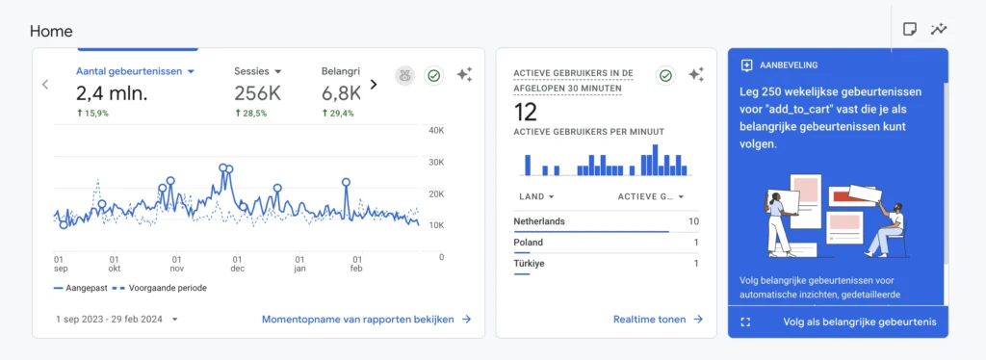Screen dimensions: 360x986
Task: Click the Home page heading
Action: [51, 31]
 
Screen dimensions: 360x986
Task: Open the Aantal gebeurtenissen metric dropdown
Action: [135, 71]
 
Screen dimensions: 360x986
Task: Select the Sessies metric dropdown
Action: [258, 71]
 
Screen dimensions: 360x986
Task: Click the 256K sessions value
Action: [258, 92]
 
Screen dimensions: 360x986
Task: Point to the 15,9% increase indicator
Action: [92, 114]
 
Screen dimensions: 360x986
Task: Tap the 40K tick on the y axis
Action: [435, 131]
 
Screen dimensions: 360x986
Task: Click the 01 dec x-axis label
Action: [237, 264]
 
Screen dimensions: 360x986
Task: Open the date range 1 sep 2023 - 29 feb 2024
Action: [117, 319]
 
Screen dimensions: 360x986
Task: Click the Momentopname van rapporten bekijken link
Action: [366, 319]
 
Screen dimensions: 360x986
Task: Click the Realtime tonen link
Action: [658, 319]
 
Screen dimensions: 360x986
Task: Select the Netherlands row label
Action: [539, 221]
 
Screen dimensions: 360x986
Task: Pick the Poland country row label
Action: [529, 243]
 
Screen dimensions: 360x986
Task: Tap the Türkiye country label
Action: [530, 264]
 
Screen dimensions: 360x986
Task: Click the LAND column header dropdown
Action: [535, 196]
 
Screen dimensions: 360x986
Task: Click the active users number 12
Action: [525, 113]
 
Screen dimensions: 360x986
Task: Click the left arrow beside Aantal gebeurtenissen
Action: [44, 84]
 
